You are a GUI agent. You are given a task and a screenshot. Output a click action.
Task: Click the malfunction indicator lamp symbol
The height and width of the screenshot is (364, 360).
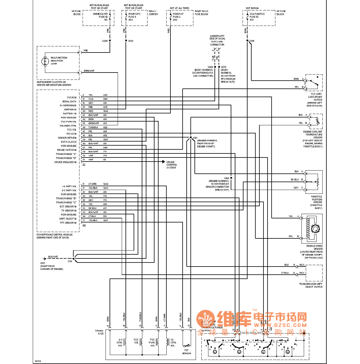pyautogui.click(x=45, y=61)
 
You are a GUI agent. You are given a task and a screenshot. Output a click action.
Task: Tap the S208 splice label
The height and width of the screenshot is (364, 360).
pyautogui.click(x=105, y=41)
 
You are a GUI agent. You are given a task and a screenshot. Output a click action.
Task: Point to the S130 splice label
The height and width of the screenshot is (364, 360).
pyautogui.click(x=131, y=41)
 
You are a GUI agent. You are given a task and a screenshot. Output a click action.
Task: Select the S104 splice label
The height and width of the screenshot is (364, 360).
pyautogui.click(x=252, y=41)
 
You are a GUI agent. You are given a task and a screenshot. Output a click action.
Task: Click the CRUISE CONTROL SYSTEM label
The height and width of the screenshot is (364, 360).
pyautogui.click(x=171, y=165)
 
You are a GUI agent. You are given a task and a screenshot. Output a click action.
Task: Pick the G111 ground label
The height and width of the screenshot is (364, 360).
pyautogui.click(x=43, y=263)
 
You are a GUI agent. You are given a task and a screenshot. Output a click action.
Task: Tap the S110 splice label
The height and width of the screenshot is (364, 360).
pyautogui.click(x=70, y=261)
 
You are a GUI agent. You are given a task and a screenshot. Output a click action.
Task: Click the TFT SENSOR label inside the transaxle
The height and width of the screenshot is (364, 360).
pyautogui.click(x=186, y=352)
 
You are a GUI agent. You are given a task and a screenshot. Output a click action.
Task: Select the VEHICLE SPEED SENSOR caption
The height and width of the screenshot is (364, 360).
pyautogui.click(x=314, y=247)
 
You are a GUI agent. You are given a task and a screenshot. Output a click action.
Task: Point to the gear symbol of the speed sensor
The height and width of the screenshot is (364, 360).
pyautogui.click(x=315, y=229)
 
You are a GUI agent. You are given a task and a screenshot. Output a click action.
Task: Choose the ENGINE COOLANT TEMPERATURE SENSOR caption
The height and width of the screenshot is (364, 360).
pyautogui.click(x=313, y=135)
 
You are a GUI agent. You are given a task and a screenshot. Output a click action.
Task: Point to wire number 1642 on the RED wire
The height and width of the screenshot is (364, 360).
pyautogui.click(x=106, y=111)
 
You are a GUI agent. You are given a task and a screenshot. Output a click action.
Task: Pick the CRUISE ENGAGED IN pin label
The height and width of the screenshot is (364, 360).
pyautogui.click(x=65, y=162)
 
